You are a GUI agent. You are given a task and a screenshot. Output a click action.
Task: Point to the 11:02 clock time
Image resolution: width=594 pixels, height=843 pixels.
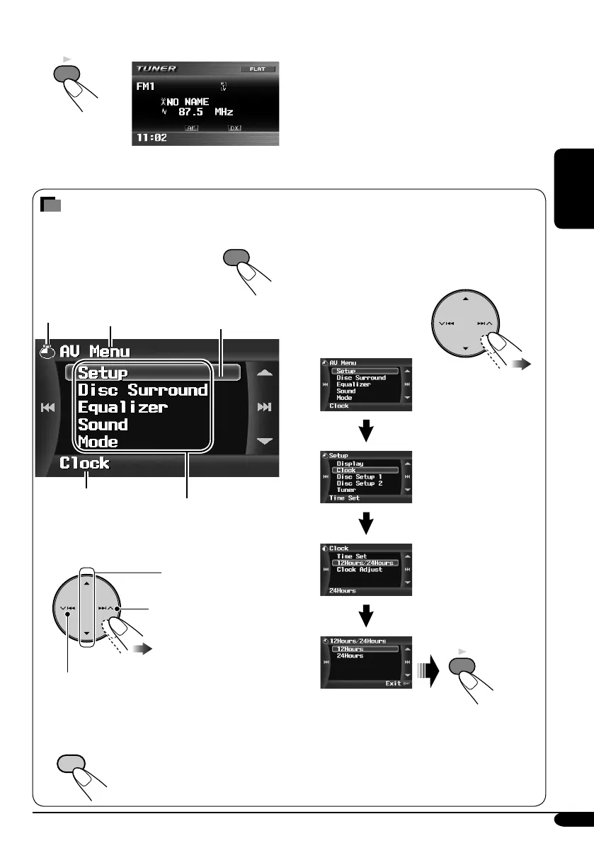pyautogui.click(x=152, y=137)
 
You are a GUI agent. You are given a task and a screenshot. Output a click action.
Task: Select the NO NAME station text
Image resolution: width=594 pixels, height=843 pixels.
pyautogui.click(x=187, y=102)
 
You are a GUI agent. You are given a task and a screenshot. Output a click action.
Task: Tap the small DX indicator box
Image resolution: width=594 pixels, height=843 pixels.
pyautogui.click(x=234, y=128)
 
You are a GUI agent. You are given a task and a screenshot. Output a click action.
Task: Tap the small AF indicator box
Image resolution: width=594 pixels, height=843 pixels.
pyautogui.click(x=190, y=128)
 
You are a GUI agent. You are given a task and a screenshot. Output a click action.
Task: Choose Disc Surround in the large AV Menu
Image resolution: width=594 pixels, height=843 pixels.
pyautogui.click(x=142, y=390)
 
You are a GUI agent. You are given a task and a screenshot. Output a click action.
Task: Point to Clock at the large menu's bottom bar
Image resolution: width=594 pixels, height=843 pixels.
pyautogui.click(x=84, y=464)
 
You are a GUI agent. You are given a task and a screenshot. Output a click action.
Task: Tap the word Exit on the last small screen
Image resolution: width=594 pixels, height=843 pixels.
pyautogui.click(x=393, y=684)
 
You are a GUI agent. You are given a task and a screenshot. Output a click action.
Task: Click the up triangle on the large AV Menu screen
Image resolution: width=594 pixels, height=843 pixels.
pyautogui.click(x=265, y=372)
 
